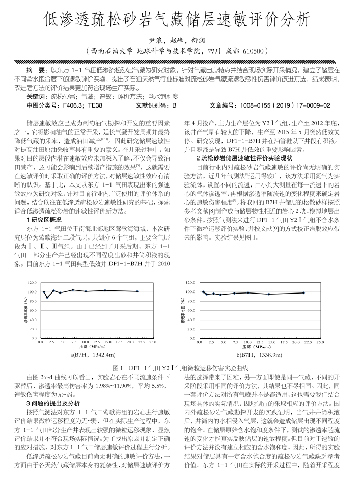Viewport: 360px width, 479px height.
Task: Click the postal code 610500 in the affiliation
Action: (255, 51)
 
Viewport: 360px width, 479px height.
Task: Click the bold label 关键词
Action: (37, 96)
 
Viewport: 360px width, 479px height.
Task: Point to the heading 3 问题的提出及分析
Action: (52, 402)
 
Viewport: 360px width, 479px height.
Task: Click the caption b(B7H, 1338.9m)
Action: (259, 355)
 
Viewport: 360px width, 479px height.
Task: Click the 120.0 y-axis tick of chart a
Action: (33, 282)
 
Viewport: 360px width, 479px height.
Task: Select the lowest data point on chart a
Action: (47, 297)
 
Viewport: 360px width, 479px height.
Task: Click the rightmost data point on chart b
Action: (303, 293)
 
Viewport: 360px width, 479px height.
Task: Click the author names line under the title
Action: (180, 40)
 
